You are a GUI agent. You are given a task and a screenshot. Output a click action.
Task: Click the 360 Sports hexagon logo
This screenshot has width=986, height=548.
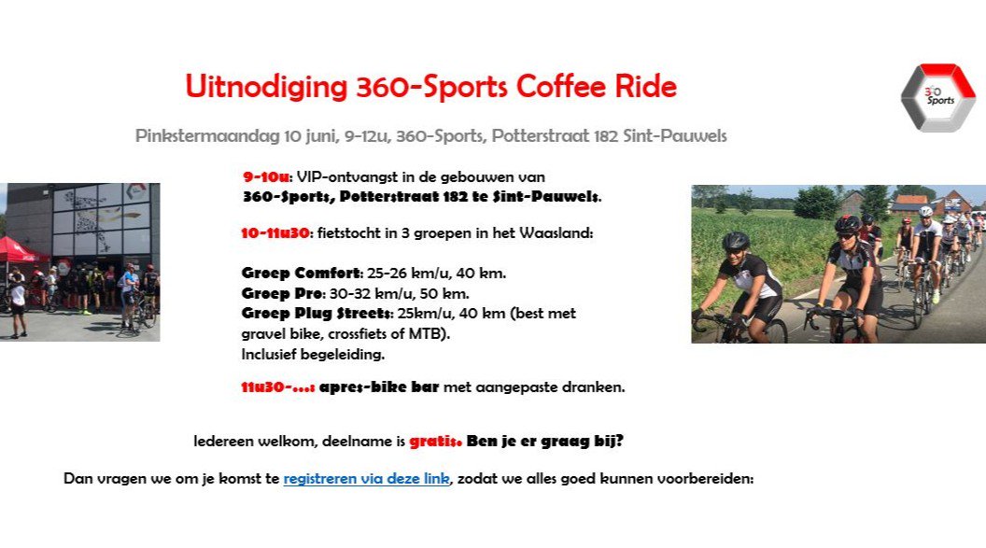[937, 98]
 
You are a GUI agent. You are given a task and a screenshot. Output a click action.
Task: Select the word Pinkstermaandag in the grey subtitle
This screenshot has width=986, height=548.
[204, 136]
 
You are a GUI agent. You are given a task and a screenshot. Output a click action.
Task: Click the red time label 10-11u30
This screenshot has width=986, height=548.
[275, 233]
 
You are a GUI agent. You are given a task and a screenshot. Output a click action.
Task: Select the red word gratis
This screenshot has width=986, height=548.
[435, 440]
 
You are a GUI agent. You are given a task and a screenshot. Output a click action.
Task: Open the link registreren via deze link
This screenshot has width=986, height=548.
[366, 479]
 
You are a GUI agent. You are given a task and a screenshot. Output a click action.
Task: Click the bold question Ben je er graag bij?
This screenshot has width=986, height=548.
[544, 440]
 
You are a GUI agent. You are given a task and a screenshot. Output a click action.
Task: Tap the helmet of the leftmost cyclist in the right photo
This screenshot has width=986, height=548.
[736, 241]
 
